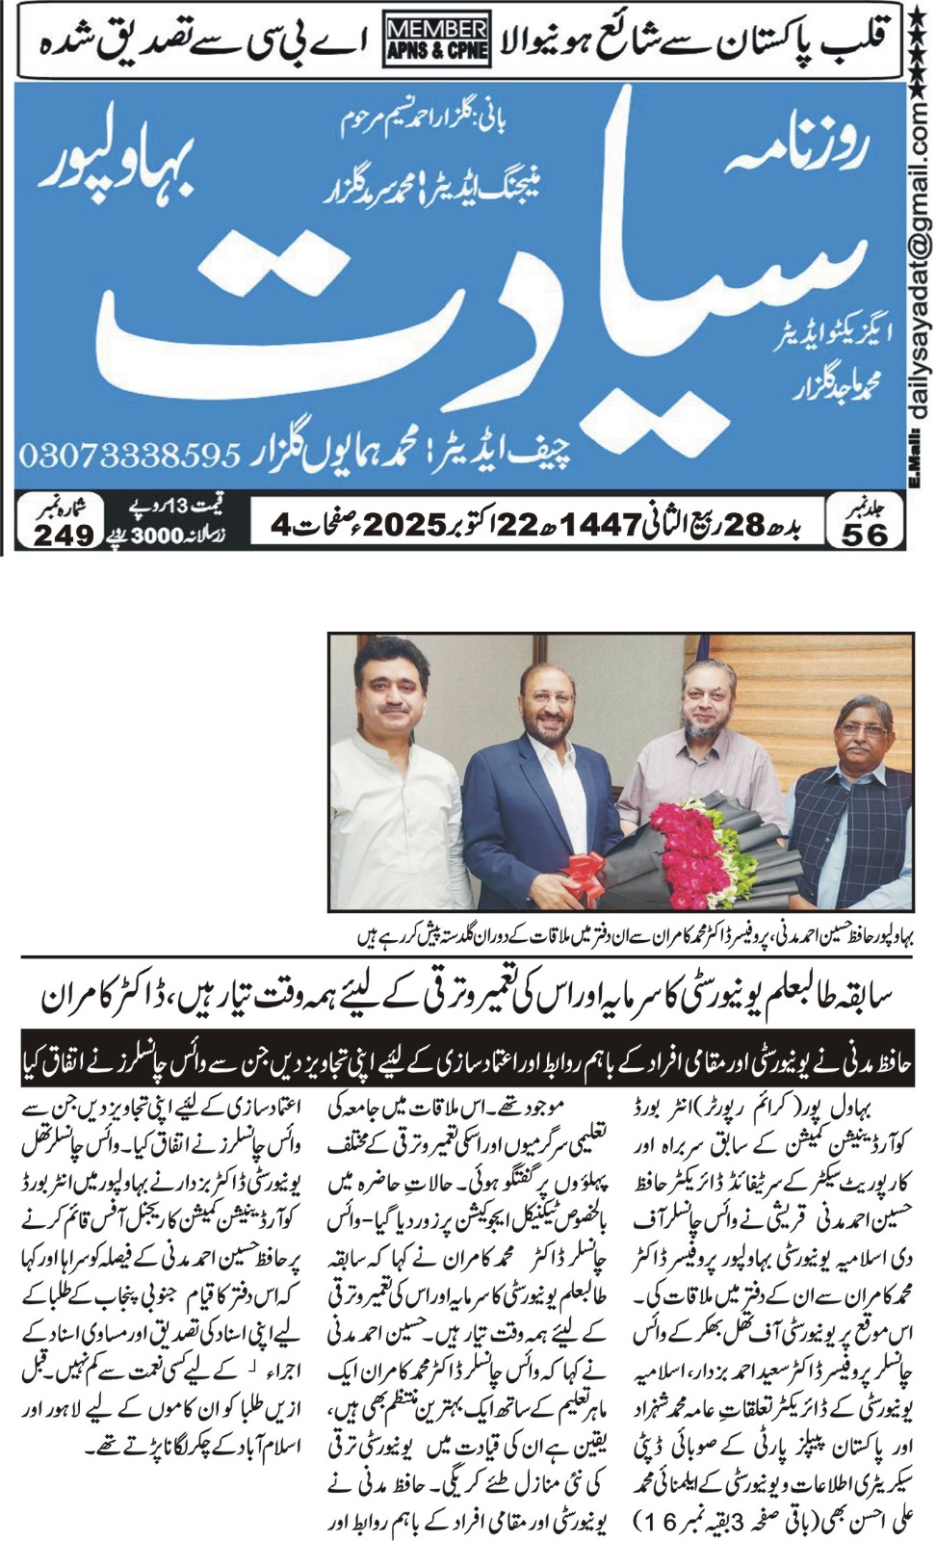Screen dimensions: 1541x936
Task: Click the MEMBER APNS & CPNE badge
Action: tap(436, 39)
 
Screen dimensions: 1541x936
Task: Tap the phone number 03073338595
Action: tap(128, 451)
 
